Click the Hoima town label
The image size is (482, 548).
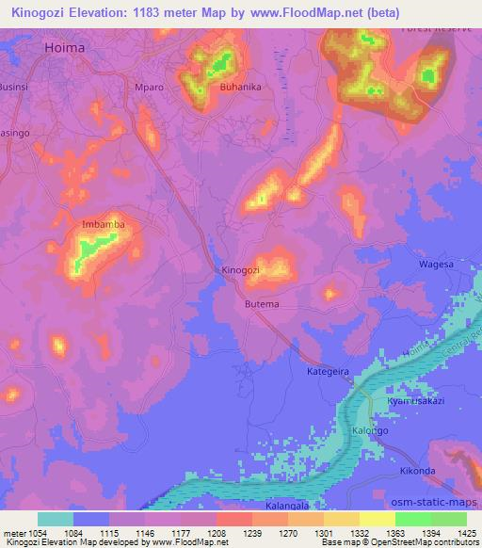[x=65, y=44]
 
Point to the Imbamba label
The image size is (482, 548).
[x=104, y=225]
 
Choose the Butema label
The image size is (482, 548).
[x=262, y=305]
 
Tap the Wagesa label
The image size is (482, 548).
[x=436, y=265]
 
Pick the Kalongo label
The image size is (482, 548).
[x=369, y=430]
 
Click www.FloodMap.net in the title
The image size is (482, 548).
[x=298, y=13]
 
